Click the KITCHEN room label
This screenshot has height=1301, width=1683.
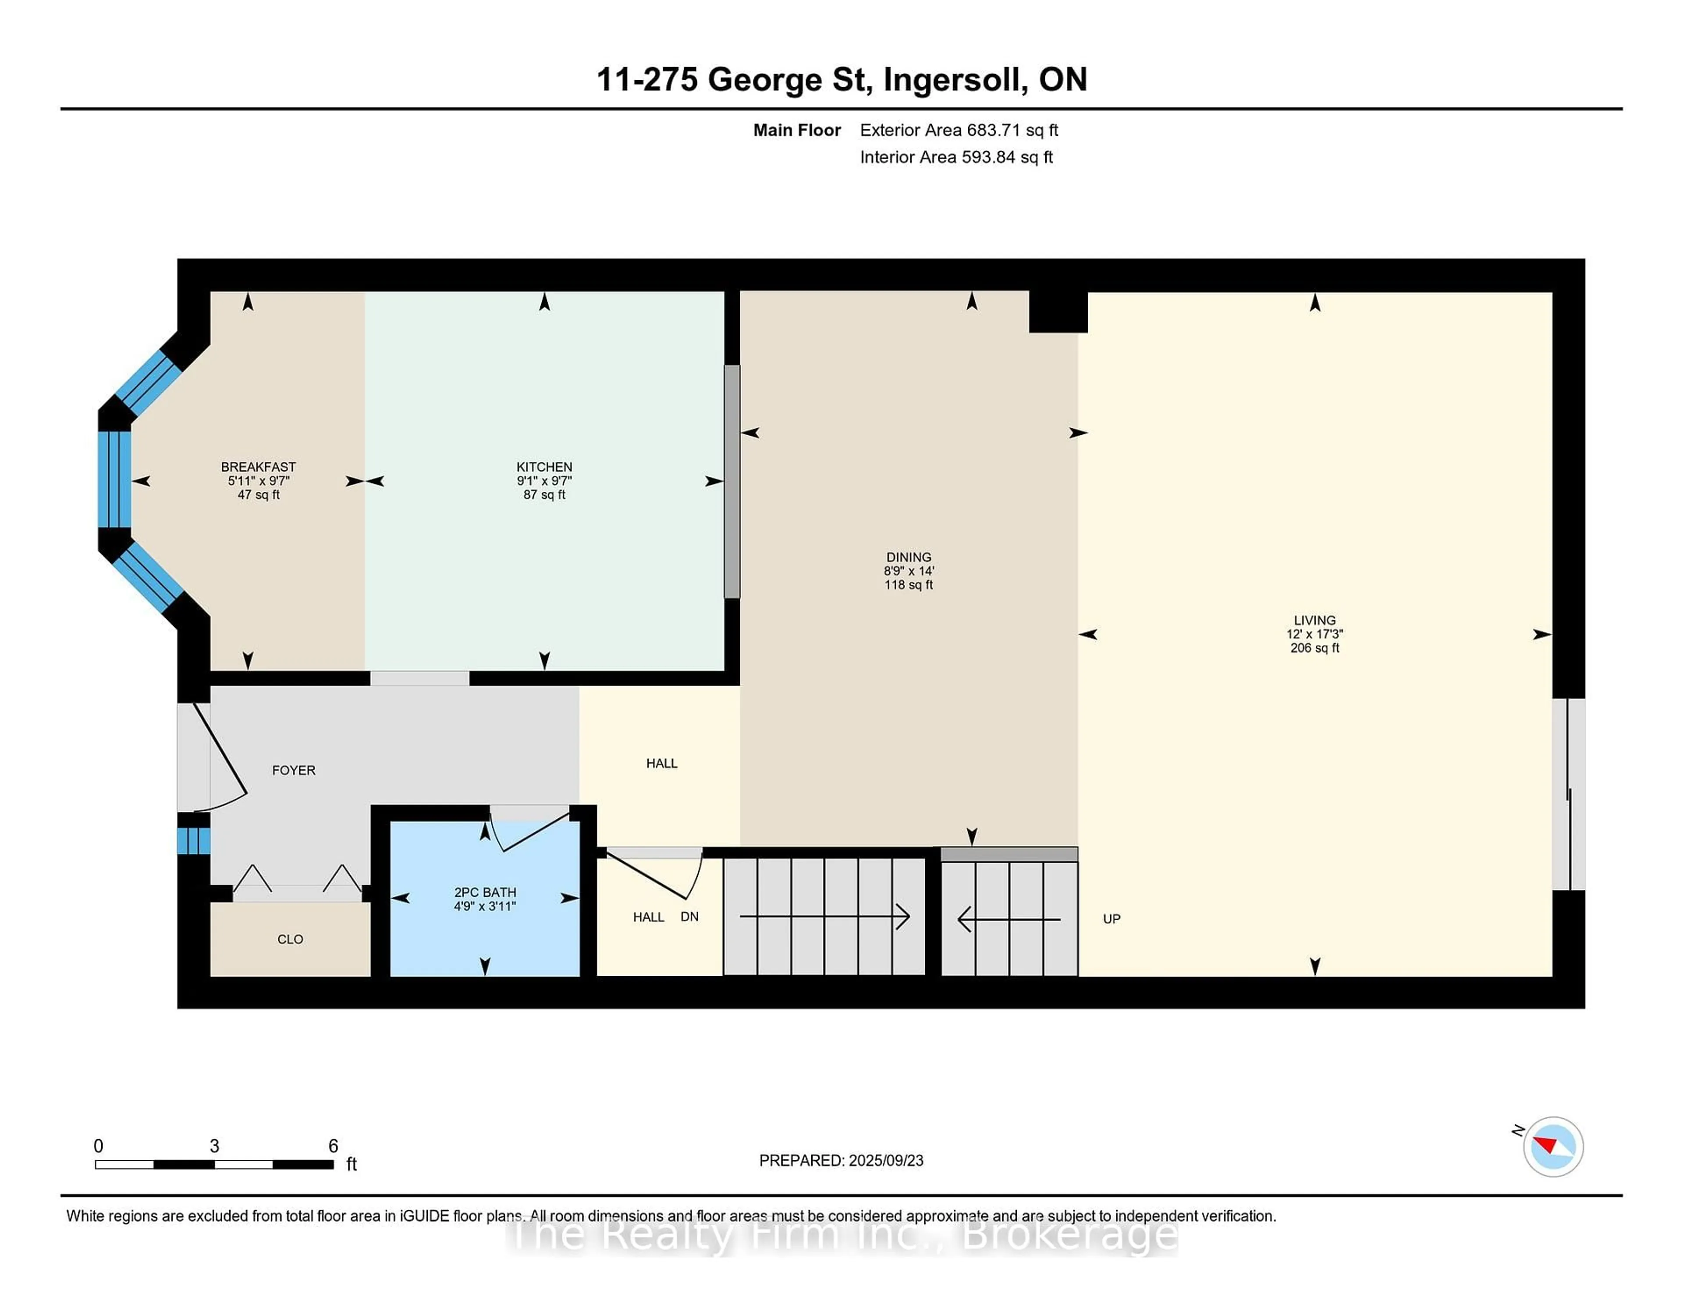click(x=544, y=467)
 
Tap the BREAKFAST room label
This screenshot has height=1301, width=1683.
click(x=258, y=467)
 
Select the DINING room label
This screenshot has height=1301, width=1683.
click(x=909, y=557)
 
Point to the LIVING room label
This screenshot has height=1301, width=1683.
click(x=1315, y=620)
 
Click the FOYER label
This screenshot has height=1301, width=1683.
click(x=294, y=770)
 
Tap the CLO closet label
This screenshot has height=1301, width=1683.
click(x=290, y=939)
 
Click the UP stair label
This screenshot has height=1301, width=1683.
click(x=1111, y=919)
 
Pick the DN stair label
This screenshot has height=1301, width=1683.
click(x=690, y=917)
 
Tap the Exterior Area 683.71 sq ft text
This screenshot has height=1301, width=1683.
click(x=959, y=130)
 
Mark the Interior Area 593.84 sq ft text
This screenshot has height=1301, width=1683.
click(x=956, y=157)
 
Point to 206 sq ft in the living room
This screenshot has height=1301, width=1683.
click(x=1315, y=648)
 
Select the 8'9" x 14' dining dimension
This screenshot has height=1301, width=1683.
click(x=909, y=571)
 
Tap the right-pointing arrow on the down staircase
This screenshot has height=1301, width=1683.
click(x=824, y=917)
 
